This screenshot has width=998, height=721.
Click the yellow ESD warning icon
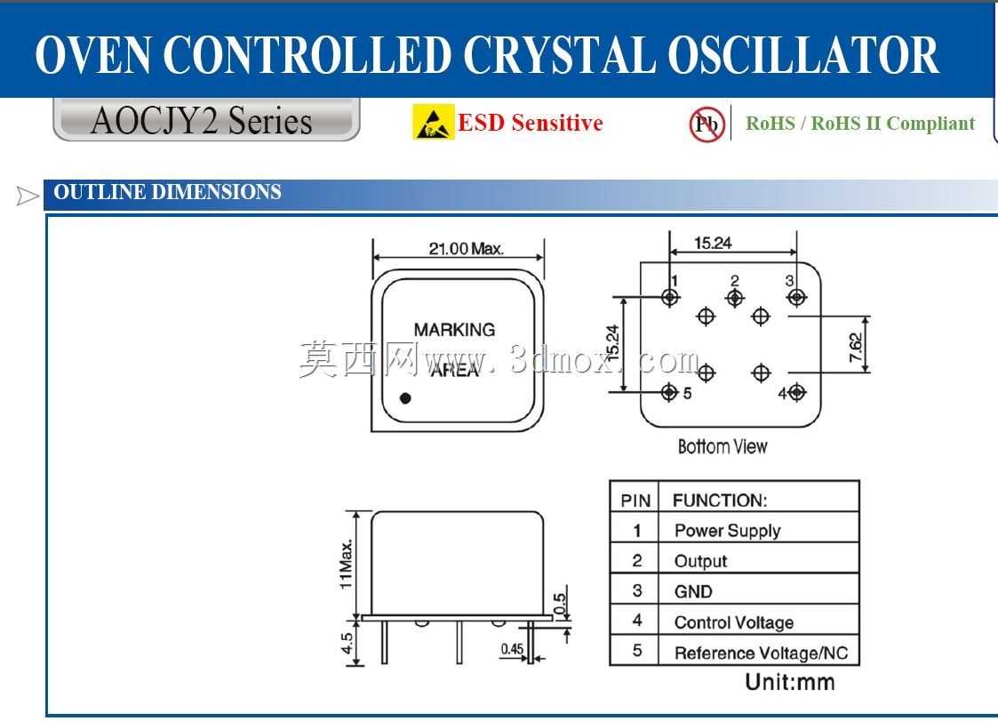[434, 122]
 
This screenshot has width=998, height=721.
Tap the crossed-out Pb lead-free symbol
[707, 124]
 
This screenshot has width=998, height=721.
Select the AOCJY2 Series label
[201, 120]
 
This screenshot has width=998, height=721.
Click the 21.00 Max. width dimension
[466, 248]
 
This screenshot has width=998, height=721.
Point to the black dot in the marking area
[405, 398]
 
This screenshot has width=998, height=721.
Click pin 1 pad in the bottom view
[669, 297]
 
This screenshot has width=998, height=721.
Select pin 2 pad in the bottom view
[734, 298]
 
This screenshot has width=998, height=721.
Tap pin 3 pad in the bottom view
[796, 297]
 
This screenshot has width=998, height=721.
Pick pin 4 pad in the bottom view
[797, 392]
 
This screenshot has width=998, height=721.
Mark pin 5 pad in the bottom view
[669, 392]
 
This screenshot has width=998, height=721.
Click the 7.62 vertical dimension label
[856, 348]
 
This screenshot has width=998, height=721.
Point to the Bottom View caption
[723, 446]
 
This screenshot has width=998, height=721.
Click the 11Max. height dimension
[346, 565]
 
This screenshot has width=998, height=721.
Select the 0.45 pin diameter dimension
[512, 649]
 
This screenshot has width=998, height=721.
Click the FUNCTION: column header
[720, 501]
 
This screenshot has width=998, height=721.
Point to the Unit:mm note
[790, 682]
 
